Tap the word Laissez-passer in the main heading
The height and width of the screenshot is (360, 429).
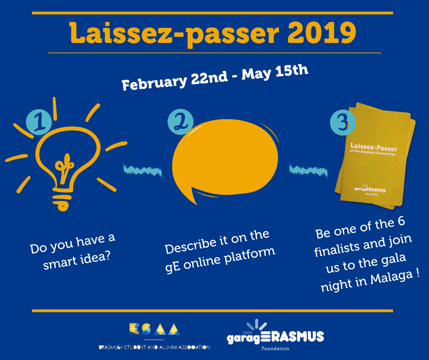point(174,34)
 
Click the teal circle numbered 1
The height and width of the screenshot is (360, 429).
point(39,122)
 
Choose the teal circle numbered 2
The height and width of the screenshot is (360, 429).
point(181,122)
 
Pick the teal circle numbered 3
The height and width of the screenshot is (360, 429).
point(343,122)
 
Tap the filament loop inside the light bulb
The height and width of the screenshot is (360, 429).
point(64,167)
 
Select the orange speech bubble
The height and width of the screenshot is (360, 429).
point(225,159)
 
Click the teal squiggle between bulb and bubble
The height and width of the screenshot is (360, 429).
point(142,170)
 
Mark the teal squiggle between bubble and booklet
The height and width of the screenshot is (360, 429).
point(309,170)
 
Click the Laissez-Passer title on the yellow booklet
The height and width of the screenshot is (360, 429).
point(374,148)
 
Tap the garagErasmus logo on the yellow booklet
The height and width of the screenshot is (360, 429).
point(370,189)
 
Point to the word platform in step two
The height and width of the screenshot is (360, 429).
point(250,256)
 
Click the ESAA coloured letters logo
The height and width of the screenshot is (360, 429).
point(155,329)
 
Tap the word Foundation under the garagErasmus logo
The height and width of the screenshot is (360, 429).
point(275,349)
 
